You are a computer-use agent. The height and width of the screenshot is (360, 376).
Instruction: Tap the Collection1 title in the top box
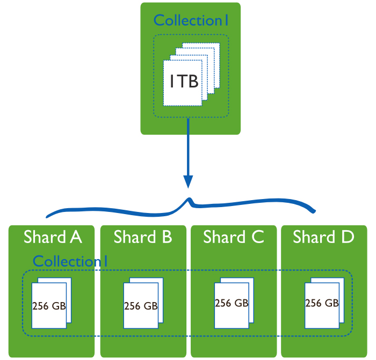click(x=191, y=21)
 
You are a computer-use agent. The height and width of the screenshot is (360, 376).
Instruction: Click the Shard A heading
click(x=53, y=237)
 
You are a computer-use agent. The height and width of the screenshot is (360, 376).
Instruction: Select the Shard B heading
click(x=143, y=237)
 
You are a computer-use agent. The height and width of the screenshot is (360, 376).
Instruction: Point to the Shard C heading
click(x=233, y=237)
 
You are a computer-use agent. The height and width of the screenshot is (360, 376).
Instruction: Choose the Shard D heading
click(x=323, y=237)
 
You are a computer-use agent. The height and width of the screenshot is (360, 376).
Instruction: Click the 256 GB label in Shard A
click(x=49, y=306)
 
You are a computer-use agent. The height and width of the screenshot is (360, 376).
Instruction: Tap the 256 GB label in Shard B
click(x=141, y=306)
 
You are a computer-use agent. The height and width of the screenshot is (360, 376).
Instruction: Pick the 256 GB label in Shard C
click(x=232, y=303)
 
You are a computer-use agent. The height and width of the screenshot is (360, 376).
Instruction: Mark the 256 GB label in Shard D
click(x=322, y=303)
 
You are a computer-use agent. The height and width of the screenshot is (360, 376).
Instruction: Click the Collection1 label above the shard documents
click(x=70, y=261)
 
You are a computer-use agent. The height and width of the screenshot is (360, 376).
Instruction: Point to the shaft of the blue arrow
click(x=188, y=148)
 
